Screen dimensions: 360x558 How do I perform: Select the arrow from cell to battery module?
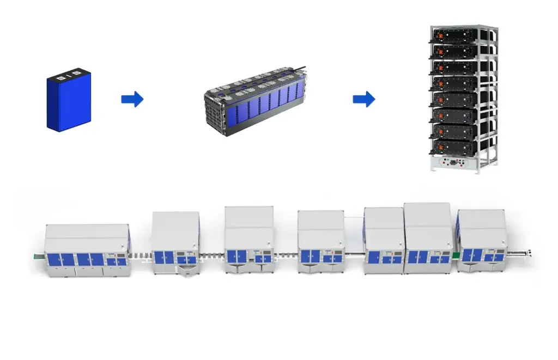click(132, 99)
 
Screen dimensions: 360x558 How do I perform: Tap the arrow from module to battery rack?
click(363, 99)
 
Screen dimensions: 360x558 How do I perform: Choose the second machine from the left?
click(175, 243)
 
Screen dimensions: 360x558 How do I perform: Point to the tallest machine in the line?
click(428, 238)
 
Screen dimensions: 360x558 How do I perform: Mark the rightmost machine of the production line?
click(482, 240)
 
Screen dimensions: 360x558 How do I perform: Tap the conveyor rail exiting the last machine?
click(519, 252)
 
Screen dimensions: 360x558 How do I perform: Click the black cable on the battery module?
click(302, 71)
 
